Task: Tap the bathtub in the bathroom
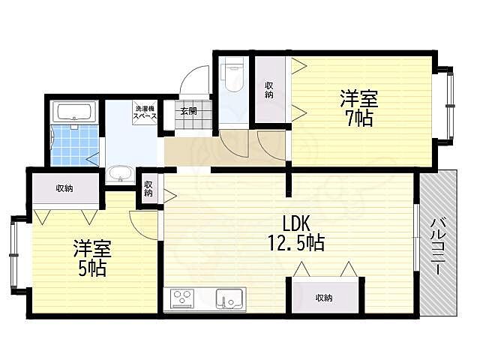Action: tap(74, 112)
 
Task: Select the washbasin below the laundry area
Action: tap(120, 174)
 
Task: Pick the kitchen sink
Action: tap(231, 298)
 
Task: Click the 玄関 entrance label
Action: tap(188, 111)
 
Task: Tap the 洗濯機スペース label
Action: tap(145, 112)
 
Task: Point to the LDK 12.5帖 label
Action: tap(296, 233)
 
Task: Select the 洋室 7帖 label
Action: tap(359, 108)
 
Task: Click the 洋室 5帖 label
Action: tap(92, 258)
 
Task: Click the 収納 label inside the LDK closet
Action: tap(323, 298)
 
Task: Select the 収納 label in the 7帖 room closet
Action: tap(268, 90)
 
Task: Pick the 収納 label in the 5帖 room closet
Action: tap(64, 188)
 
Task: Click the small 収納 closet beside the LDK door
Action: tap(148, 189)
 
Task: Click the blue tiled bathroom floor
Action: tap(75, 145)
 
